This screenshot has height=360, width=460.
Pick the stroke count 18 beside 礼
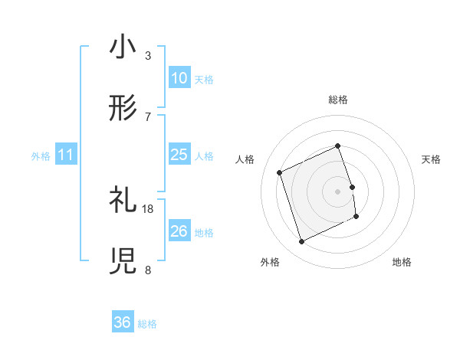pos(148,208)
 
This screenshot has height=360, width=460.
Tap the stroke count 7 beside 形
pos(148,116)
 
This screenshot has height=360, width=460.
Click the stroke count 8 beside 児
pos(148,270)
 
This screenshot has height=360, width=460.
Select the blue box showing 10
pos(179,78)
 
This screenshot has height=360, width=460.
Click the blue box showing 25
pos(179,155)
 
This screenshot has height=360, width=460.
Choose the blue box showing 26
pos(179,231)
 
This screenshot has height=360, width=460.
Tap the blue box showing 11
pos(66,155)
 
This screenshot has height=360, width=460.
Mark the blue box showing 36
pos(123,323)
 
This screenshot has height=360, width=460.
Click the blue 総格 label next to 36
pos(147,324)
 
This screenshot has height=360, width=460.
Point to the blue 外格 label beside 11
pos(41,155)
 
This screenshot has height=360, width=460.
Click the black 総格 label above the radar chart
pos(338,100)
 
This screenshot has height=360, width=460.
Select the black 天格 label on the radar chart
pos(432,159)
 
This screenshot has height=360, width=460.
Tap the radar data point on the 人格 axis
pos(280,172)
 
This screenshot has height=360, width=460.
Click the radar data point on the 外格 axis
pos(301,242)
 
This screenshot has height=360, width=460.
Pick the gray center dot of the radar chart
pos(338,191)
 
